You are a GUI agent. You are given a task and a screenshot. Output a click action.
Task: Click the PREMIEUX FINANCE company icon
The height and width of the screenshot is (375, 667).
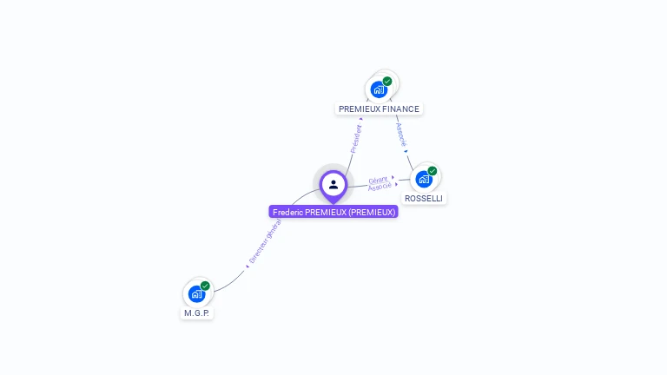(x=379, y=89)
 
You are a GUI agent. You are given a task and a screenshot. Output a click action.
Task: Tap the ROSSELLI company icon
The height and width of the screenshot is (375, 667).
(x=423, y=179)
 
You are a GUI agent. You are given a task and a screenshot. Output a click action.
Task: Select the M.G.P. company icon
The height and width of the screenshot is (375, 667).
(x=196, y=293)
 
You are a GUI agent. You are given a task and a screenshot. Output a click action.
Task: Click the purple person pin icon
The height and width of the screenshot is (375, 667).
(x=333, y=185)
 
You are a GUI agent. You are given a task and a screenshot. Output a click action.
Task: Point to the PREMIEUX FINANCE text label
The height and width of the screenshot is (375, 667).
(x=379, y=109)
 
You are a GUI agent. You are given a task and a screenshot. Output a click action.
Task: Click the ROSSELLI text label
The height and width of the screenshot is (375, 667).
(x=424, y=199)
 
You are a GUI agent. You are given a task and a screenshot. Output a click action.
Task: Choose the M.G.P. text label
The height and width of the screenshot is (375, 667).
(x=197, y=312)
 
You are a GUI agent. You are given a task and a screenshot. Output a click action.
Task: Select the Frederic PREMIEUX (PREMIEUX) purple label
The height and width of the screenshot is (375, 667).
(x=333, y=212)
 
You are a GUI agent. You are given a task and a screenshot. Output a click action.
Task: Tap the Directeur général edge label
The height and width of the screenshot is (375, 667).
(x=265, y=240)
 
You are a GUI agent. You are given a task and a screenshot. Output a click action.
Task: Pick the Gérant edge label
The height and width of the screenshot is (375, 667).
(x=378, y=180)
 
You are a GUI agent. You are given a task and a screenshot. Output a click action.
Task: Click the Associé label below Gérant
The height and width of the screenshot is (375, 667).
(x=380, y=187)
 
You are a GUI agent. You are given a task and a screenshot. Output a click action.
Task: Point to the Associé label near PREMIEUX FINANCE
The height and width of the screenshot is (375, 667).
(x=400, y=133)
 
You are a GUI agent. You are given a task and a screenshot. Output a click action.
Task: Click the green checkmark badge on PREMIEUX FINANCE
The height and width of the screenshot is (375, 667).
(x=387, y=82)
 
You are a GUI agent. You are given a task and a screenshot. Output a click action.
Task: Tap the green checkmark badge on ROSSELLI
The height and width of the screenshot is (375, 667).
(x=432, y=171)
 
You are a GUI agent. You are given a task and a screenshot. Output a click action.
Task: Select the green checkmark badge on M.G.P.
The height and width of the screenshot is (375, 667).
(x=205, y=286)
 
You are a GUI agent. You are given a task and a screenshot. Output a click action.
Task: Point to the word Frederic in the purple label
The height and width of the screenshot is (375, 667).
(x=287, y=212)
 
